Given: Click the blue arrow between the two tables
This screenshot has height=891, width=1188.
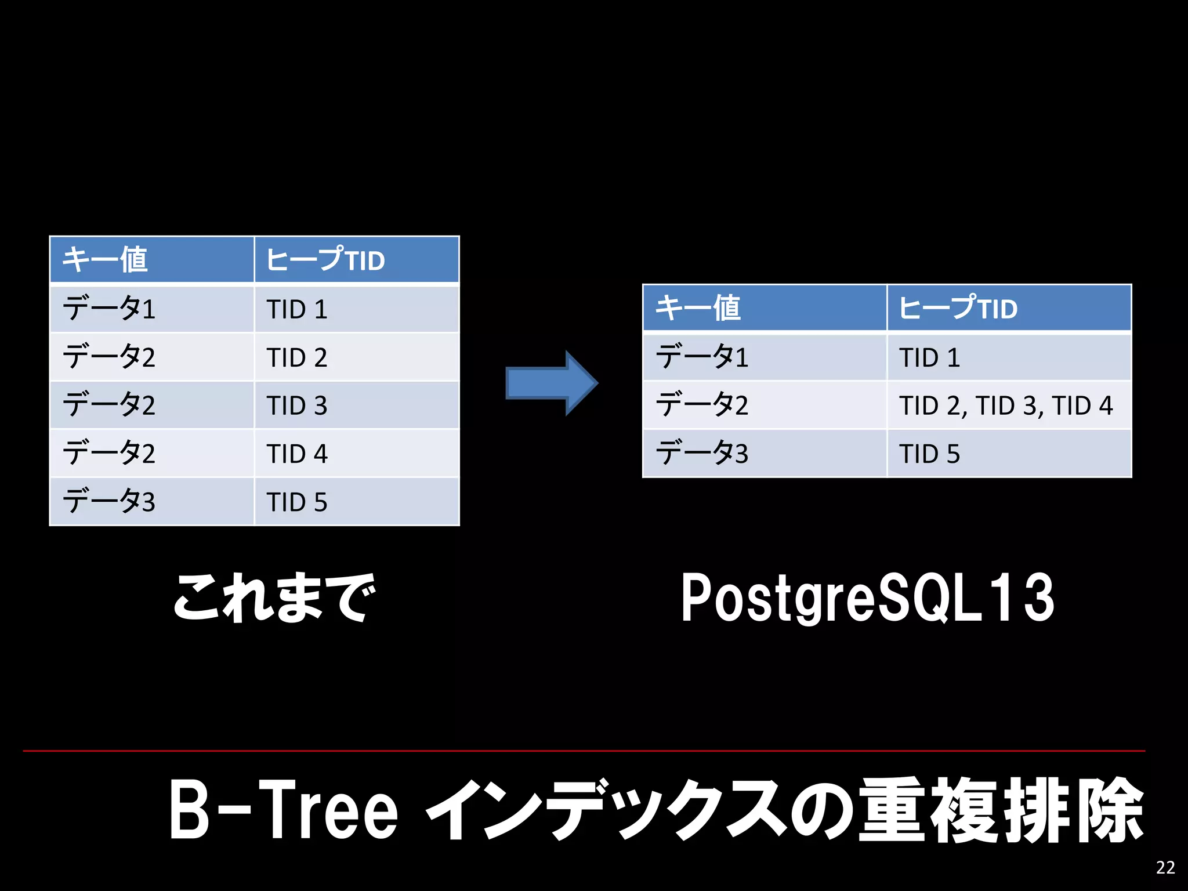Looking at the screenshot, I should pyautogui.click(x=551, y=383).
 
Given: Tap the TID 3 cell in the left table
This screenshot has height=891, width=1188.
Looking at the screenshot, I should pyautogui.click(x=356, y=405).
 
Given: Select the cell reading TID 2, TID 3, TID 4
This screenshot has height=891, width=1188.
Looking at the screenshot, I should pyautogui.click(x=1008, y=405).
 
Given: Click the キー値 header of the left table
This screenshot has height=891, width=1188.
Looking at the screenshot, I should pyautogui.click(x=152, y=260).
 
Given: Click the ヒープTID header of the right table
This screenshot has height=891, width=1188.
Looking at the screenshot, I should pyautogui.click(x=1008, y=308).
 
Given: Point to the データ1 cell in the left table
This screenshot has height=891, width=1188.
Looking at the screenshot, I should pyautogui.click(x=152, y=309).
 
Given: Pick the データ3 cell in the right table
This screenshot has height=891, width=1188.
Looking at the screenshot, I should pyautogui.click(x=765, y=454).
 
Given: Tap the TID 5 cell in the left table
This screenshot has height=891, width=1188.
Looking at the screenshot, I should pyautogui.click(x=356, y=502).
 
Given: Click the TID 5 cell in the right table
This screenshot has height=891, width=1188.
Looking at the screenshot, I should pyautogui.click(x=1008, y=454).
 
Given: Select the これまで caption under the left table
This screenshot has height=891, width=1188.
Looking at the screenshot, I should pyautogui.click(x=274, y=597).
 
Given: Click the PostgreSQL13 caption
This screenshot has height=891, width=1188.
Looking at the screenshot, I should pyautogui.click(x=867, y=597).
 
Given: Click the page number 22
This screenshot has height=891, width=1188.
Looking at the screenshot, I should pyautogui.click(x=1165, y=867).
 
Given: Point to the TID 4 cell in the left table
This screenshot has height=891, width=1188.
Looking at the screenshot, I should pyautogui.click(x=356, y=454).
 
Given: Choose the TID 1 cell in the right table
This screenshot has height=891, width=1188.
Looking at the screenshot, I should pyautogui.click(x=1008, y=357).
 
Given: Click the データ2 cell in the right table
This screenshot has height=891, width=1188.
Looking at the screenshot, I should pyautogui.click(x=765, y=405).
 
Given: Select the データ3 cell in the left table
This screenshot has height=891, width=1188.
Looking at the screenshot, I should pyautogui.click(x=152, y=502).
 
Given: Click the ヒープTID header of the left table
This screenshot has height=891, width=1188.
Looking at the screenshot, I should pyautogui.click(x=356, y=260).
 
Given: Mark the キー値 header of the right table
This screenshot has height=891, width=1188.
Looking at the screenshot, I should pyautogui.click(x=765, y=308).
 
